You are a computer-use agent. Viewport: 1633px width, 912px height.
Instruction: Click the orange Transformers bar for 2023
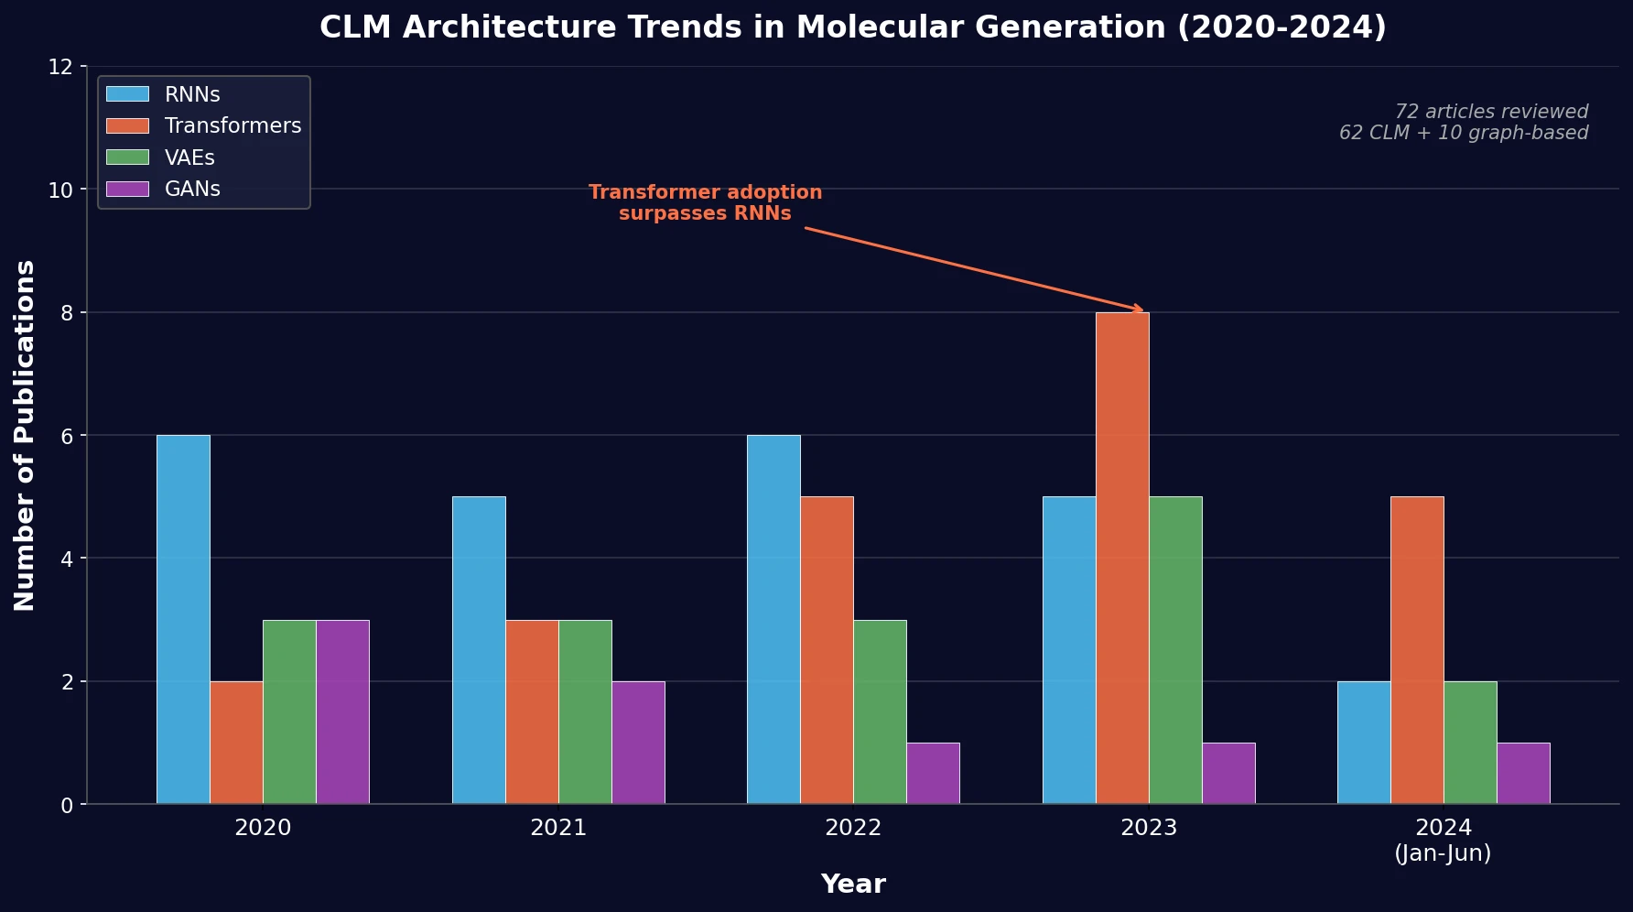(1122, 559)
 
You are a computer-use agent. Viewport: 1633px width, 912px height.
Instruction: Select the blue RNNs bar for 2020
(183, 620)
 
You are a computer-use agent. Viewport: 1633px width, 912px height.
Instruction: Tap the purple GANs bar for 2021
(638, 743)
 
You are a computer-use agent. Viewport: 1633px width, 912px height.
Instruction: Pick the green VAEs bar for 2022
(880, 712)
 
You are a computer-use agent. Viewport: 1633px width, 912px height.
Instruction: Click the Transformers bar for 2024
(1417, 650)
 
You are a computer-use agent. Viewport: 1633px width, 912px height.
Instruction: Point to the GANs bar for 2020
(342, 712)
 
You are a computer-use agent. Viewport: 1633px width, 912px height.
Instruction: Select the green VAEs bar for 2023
(1175, 650)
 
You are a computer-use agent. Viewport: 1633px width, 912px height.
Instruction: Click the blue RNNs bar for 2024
(1364, 743)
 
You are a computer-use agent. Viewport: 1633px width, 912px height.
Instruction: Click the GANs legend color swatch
(127, 189)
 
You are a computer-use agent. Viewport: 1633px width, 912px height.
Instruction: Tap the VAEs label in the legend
(189, 157)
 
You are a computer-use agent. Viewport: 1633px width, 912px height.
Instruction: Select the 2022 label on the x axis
(853, 828)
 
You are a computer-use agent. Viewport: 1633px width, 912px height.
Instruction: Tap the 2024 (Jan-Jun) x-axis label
(1444, 841)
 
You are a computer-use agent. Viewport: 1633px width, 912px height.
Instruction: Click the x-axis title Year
(853, 885)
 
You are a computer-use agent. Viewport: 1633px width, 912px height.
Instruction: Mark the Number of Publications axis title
(25, 436)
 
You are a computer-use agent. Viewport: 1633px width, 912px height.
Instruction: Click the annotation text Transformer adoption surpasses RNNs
(705, 203)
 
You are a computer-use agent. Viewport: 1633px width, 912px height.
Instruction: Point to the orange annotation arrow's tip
(1142, 311)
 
